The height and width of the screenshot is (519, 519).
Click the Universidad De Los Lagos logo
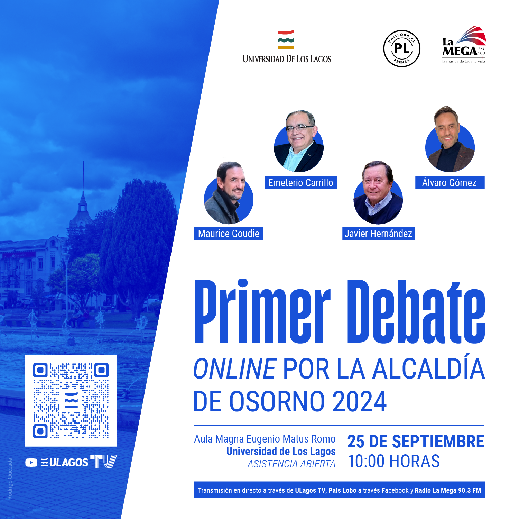287,47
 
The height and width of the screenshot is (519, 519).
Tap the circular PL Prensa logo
401,48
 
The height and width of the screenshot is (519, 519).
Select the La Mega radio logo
464,44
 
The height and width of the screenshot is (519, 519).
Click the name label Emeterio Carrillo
301,183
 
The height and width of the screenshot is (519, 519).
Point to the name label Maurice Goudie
229,234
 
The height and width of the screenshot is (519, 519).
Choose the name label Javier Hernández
378,234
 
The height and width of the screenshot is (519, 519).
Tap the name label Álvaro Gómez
450,183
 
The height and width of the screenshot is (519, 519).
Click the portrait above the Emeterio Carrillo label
299,142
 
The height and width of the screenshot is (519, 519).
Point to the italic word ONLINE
235,369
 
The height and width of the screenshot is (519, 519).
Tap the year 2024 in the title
359,401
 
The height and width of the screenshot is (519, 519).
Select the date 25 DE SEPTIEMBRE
416,441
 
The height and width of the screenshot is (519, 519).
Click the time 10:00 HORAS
393,461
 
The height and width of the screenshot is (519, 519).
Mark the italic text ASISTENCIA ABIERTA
291,464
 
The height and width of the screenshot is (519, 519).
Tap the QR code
71,401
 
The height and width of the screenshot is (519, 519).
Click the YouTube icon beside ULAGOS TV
31,463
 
